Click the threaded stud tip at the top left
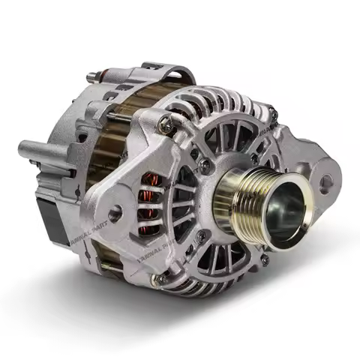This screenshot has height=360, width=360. (x=90, y=75)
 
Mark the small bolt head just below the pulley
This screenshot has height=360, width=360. (x=264, y=259)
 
